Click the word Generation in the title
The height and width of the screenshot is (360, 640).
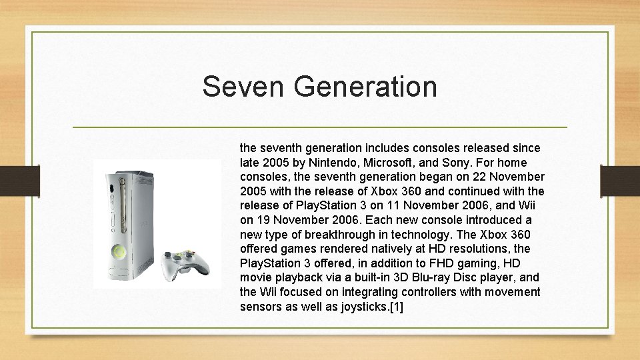coord(361,87)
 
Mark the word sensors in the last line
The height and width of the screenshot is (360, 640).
coord(261,307)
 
